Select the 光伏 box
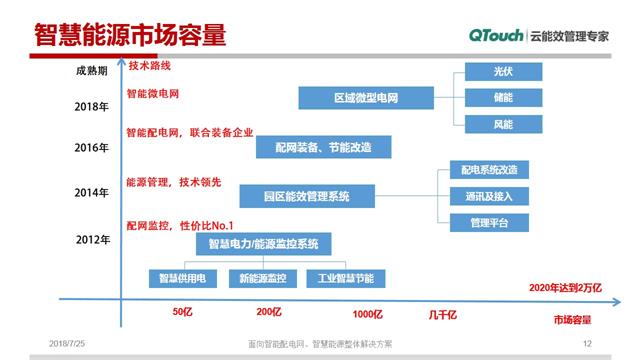(502, 73)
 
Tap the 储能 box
(502, 98)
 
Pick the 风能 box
(502, 124)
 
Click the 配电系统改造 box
(482, 171)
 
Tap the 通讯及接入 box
(482, 197)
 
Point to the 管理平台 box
(482, 222)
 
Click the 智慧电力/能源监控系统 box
(263, 244)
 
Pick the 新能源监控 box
(263, 277)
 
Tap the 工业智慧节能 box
(345, 277)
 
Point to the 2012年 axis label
(91, 240)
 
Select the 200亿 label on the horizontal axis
(269, 313)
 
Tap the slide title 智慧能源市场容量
(130, 36)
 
